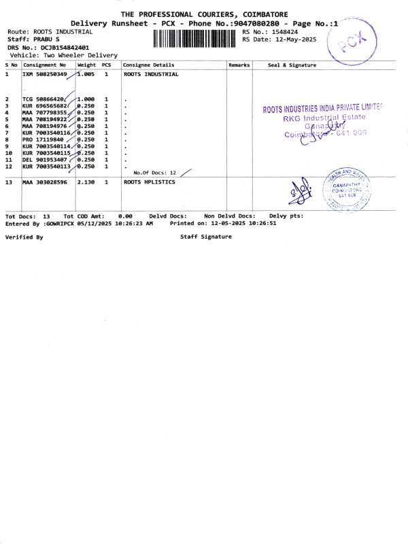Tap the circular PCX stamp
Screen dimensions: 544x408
[351, 44]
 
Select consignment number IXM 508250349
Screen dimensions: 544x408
[46, 74]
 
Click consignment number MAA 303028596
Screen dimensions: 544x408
[46, 182]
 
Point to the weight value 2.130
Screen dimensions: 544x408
[86, 182]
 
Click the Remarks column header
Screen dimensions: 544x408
[239, 65]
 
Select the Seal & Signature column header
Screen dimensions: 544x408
[292, 65]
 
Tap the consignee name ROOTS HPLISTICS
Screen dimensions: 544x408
[150, 182]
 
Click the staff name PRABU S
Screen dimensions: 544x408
[50, 40]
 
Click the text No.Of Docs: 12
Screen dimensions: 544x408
[155, 173]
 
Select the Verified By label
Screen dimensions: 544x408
[24, 237]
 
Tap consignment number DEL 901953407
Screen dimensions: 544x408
[46, 160]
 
